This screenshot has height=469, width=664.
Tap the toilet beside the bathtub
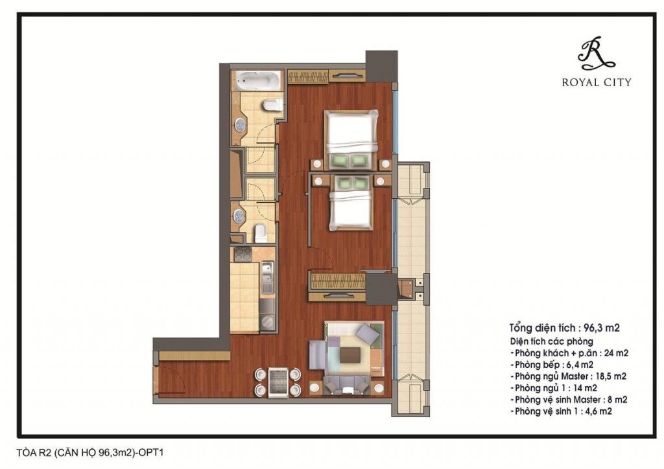click(x=272, y=104)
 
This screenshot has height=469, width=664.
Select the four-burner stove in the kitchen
click(x=243, y=254)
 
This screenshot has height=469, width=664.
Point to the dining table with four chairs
click(x=278, y=382)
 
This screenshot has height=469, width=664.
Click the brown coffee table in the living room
click(x=351, y=355)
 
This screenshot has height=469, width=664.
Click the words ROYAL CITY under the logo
click(x=597, y=82)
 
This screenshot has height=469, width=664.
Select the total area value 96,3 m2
click(x=601, y=327)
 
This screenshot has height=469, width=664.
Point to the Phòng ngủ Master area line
click(x=568, y=376)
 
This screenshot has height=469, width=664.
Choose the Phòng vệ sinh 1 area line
click(x=561, y=411)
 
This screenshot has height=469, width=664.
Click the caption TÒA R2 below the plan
click(x=34, y=453)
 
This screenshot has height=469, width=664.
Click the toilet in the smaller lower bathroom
click(x=261, y=233)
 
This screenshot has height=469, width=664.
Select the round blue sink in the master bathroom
click(x=241, y=125)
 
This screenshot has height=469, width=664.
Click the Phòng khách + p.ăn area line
click(x=569, y=352)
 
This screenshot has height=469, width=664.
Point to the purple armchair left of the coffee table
click(x=318, y=355)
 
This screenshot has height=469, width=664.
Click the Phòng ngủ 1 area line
click(x=554, y=387)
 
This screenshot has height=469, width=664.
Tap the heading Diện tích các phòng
click(x=551, y=341)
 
